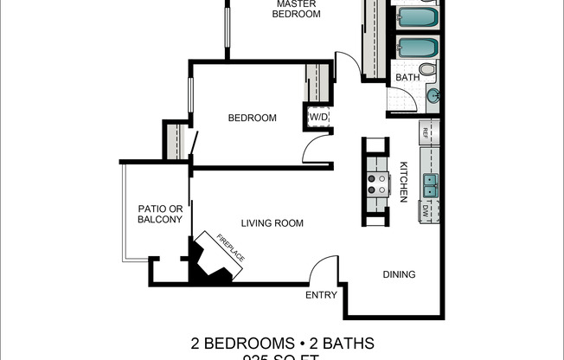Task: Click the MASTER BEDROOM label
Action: [x=297, y=9]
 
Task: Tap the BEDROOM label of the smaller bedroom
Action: [x=252, y=118]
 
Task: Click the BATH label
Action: [x=407, y=78]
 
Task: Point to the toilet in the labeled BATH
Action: [x=426, y=70]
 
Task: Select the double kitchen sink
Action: [x=429, y=184]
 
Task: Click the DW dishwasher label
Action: [x=425, y=211]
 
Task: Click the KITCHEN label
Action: [x=403, y=182]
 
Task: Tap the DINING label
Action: [x=399, y=274]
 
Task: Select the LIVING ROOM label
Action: [x=272, y=223]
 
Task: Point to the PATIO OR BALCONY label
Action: [x=160, y=214]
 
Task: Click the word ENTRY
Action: [x=321, y=295]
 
